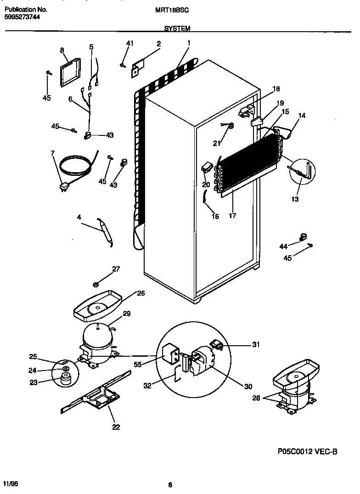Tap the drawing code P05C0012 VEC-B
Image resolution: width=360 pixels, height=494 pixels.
coord(308,452)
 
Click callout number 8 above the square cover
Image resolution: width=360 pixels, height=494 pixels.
coord(62,51)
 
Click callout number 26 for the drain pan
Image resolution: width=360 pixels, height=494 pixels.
coord(141,293)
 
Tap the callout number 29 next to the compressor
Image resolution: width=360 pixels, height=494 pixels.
coord(126,314)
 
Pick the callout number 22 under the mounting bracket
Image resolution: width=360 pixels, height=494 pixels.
coord(116,427)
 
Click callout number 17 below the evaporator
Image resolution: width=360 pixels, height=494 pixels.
coord(232,215)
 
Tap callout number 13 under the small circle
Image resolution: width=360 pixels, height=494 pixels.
coord(295,199)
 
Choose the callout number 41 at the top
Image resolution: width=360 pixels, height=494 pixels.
coord(129,44)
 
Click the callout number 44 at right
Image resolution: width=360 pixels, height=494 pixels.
coord(283,247)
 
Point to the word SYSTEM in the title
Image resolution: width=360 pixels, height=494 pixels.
coord(177,28)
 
